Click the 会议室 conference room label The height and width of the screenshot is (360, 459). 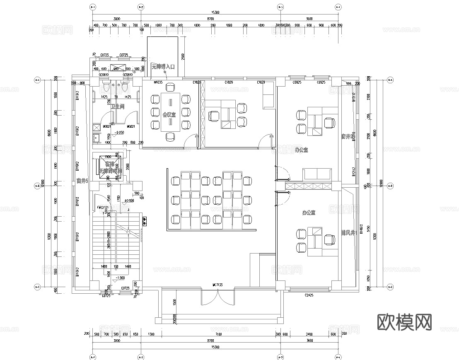point(169,114)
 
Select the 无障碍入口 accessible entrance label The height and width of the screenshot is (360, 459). point(163,66)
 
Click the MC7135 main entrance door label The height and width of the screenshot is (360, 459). point(218,285)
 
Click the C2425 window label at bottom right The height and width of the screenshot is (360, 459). point(309,295)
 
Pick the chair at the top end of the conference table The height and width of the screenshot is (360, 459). point(169,87)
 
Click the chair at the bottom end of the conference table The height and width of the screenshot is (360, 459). point(169,136)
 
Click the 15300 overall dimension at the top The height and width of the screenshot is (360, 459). point(215,12)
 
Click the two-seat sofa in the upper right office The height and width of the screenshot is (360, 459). point(317,175)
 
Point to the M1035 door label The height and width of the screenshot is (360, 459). point(157,82)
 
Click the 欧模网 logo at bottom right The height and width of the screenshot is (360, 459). point(404,321)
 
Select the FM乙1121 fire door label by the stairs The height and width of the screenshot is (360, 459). point(103,208)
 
